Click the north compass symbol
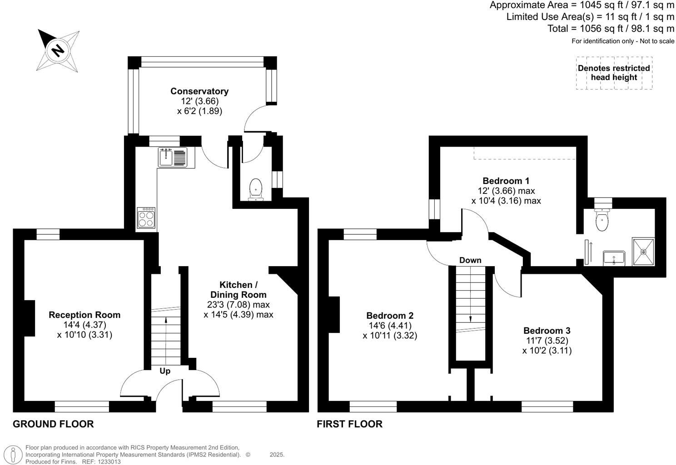(58, 49)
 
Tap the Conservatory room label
(199, 91)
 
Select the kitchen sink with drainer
(172, 157)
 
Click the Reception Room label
(84, 315)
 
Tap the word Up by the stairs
(165, 371)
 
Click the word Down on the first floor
(470, 260)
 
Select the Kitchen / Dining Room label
(238, 290)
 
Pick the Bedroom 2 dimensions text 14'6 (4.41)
(391, 326)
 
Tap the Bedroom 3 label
(547, 331)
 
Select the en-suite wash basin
(614, 258)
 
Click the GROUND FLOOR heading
(53, 424)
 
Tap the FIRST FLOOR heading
(349, 424)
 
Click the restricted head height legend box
(614, 73)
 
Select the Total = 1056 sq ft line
(611, 29)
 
